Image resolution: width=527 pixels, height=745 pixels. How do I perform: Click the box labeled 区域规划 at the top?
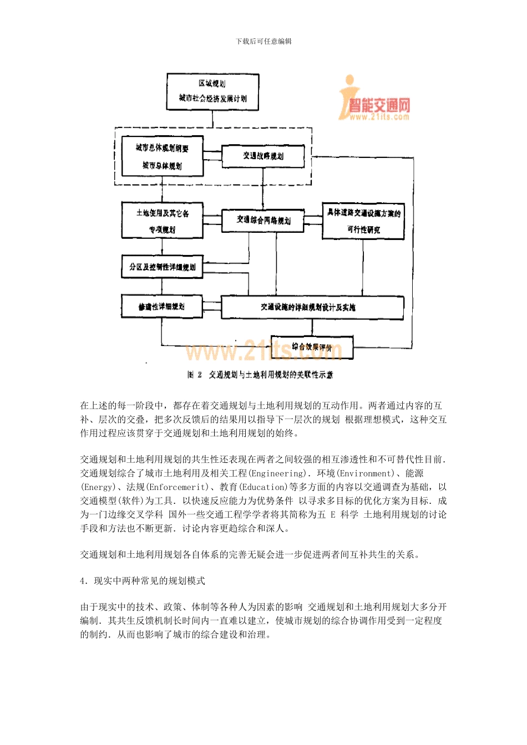pos(212,91)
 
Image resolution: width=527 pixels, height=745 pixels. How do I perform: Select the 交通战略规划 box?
pos(263,156)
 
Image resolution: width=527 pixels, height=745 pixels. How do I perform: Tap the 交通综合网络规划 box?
pos(263,221)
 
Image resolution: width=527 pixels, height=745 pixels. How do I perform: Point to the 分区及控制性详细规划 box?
pos(162,267)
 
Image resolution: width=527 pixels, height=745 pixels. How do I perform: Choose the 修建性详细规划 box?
pos(161,307)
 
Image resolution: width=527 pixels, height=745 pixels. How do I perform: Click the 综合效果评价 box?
pos(312,348)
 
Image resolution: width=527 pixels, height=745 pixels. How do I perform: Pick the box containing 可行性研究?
pos(363,221)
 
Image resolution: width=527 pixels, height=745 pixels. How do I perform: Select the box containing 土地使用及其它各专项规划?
pos(162,221)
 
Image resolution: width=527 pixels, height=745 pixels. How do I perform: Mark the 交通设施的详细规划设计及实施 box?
pos(312,307)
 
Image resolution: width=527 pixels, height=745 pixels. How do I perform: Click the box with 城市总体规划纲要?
pos(162,156)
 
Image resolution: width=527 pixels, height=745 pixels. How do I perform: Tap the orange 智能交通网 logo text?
pos(379,105)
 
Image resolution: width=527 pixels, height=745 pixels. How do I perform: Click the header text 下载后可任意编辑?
pos(263,41)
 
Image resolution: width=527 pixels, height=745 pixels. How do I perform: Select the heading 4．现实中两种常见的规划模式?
pos(143,580)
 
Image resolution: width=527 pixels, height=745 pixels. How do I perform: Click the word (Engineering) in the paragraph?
pos(277,473)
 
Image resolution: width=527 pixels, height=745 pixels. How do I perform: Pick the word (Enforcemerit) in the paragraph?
pos(178,487)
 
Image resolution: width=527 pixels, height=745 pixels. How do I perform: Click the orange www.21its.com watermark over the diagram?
pos(261,351)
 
